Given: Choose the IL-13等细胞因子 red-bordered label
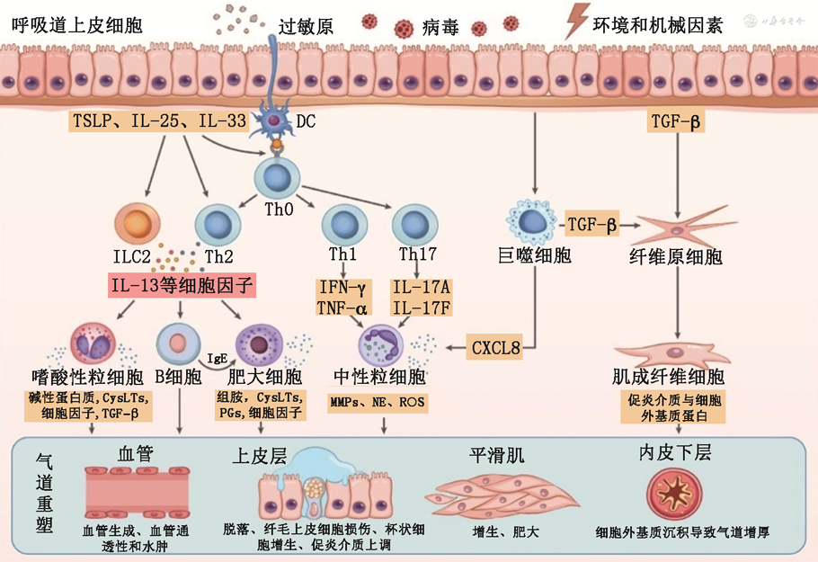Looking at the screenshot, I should point(182,287).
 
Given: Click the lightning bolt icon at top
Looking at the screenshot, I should point(575,20).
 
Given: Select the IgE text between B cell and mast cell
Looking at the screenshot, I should point(217,357).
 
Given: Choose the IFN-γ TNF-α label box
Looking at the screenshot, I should point(342,298).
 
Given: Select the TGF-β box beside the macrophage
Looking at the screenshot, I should point(593,226).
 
